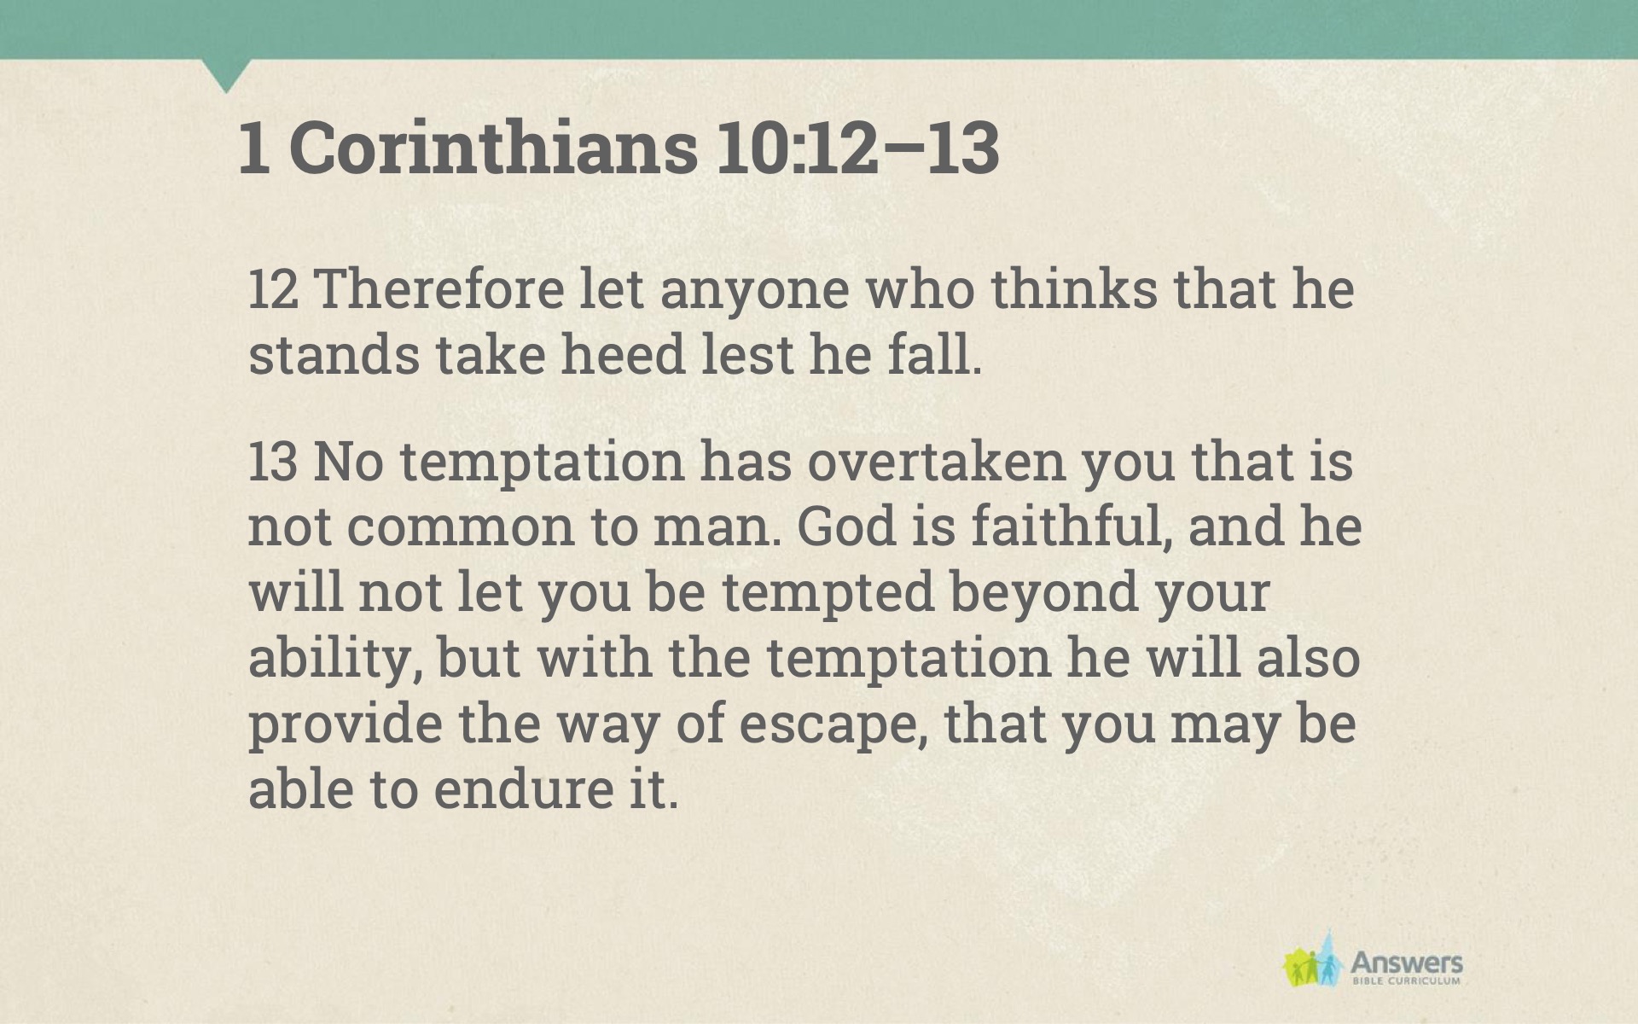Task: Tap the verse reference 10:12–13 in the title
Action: (x=857, y=148)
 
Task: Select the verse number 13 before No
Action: (x=273, y=462)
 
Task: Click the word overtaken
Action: (x=937, y=462)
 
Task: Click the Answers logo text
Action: (x=1406, y=964)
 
